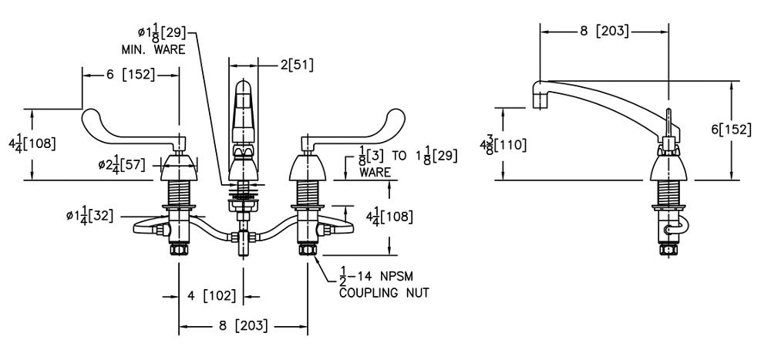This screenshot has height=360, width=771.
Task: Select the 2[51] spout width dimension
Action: [297, 65]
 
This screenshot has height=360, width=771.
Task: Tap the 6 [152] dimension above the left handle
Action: [130, 75]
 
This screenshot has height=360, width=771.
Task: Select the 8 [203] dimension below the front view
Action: [244, 326]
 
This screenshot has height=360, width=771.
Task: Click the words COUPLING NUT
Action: [384, 293]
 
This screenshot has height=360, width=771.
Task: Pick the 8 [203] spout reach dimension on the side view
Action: [604, 32]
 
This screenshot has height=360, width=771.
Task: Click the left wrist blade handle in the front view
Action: [131, 131]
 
